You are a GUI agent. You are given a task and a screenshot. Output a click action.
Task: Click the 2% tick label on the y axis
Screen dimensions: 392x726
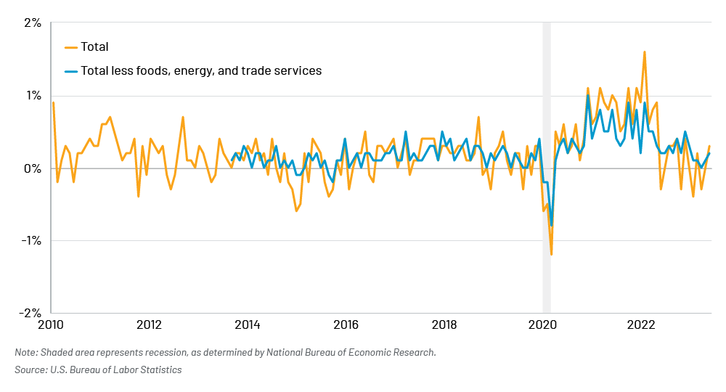coord(32,23)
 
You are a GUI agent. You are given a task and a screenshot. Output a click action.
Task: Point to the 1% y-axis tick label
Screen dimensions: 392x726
coord(32,96)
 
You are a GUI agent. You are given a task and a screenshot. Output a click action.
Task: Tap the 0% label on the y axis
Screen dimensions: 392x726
coord(32,168)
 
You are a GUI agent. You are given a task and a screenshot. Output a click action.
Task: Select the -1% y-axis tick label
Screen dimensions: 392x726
coord(30,240)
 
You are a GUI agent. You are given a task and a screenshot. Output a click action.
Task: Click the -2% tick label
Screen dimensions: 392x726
coord(30,313)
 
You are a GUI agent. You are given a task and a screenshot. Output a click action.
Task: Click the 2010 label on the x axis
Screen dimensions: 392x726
coord(51,324)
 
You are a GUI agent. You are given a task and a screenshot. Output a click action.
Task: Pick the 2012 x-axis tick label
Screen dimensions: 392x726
coord(149,324)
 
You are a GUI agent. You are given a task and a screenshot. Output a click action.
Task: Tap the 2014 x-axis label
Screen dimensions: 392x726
coord(248,324)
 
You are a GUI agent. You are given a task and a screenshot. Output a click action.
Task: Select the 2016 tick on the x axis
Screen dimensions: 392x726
coord(346,324)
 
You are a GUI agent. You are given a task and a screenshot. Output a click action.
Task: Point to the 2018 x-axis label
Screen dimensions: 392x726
coord(444,324)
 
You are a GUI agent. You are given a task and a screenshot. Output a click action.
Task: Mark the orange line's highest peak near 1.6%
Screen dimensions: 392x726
coord(644,52)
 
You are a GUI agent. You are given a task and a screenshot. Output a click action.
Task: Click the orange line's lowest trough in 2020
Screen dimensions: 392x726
coord(551,254)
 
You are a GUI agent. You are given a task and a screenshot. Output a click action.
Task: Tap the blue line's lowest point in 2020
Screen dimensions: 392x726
coord(551,225)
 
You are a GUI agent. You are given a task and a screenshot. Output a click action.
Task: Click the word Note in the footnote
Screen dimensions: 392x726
coord(25,353)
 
